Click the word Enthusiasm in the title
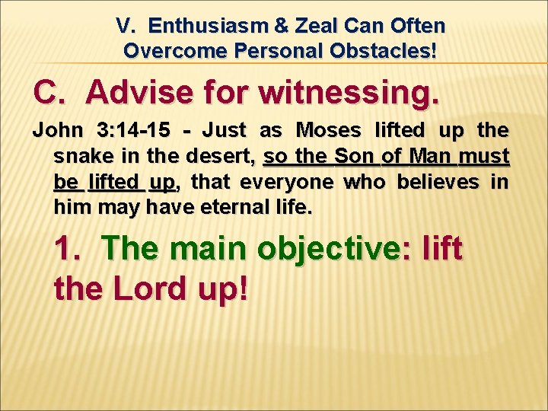199,26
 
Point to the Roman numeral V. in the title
126,26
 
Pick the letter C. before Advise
53,92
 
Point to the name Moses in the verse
330,131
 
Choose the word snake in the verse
80,157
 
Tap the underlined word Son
355,157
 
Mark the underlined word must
486,157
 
